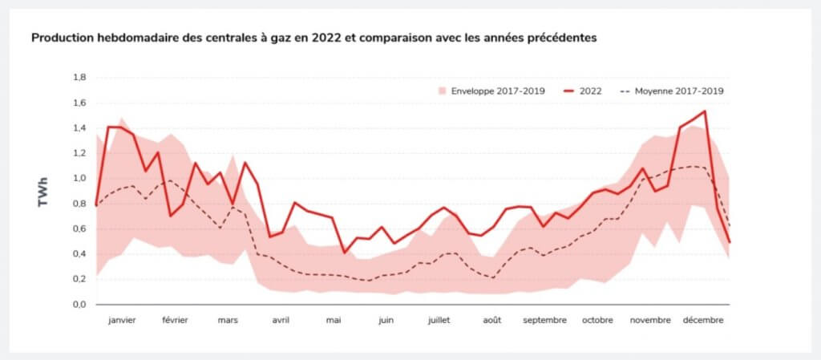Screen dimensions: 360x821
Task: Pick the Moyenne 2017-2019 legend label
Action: pyautogui.click(x=679, y=91)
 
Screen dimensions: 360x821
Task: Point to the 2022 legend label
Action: pyautogui.click(x=591, y=91)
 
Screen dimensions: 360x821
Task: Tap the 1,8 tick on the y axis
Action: pyautogui.click(x=79, y=78)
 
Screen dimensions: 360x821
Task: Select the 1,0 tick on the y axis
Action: pyautogui.click(x=79, y=179)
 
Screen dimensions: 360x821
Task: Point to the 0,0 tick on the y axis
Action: pyautogui.click(x=79, y=305)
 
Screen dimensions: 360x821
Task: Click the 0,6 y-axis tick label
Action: pyautogui.click(x=79, y=229)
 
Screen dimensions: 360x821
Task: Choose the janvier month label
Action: pyautogui.click(x=122, y=321)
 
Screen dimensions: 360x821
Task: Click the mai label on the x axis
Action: pyautogui.click(x=334, y=321)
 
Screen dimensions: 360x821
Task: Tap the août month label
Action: pyautogui.click(x=492, y=321)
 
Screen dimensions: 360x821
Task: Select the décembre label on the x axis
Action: pyautogui.click(x=703, y=321)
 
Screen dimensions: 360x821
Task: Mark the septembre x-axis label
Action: pyautogui.click(x=544, y=321)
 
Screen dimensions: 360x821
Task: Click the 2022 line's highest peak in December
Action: pyautogui.click(x=704, y=111)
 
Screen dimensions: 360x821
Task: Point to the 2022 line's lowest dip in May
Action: pyautogui.click(x=345, y=253)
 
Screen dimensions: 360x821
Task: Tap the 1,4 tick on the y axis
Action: pyautogui.click(x=79, y=128)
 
